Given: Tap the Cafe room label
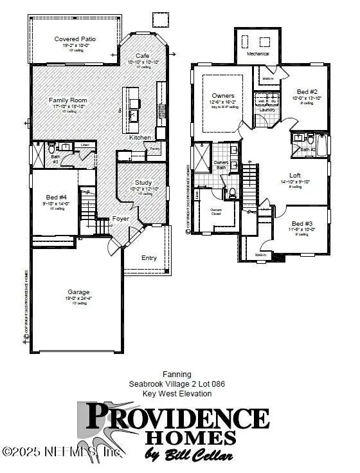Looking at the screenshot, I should coord(142,56).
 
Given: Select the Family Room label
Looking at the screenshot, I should coord(67,100).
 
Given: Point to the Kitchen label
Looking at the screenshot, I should coord(139,138).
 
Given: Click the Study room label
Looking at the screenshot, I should coord(143,182).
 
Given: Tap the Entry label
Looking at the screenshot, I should coord(148,258).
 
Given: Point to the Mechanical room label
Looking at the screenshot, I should coord(258,55).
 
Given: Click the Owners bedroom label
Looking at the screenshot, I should coord(222,96).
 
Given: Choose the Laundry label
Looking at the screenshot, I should coord(267,110).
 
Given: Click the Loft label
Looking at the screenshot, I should coord(295,175).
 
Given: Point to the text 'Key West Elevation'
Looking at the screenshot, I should coord(177,393).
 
